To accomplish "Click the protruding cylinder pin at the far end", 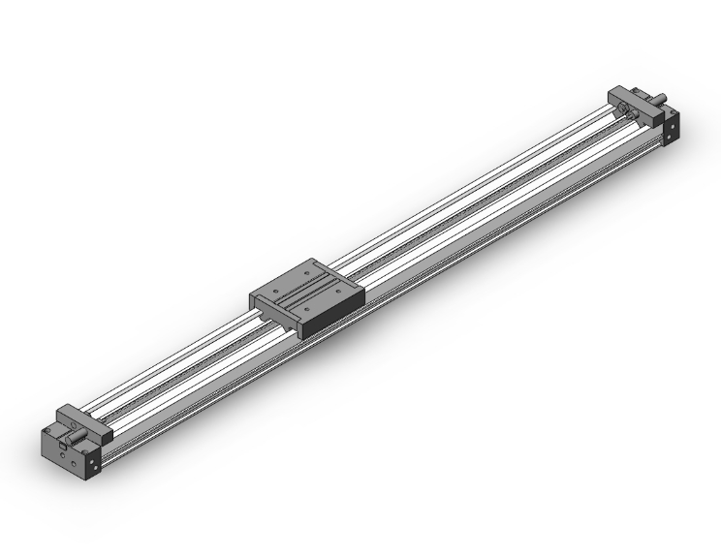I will click(x=659, y=97).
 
